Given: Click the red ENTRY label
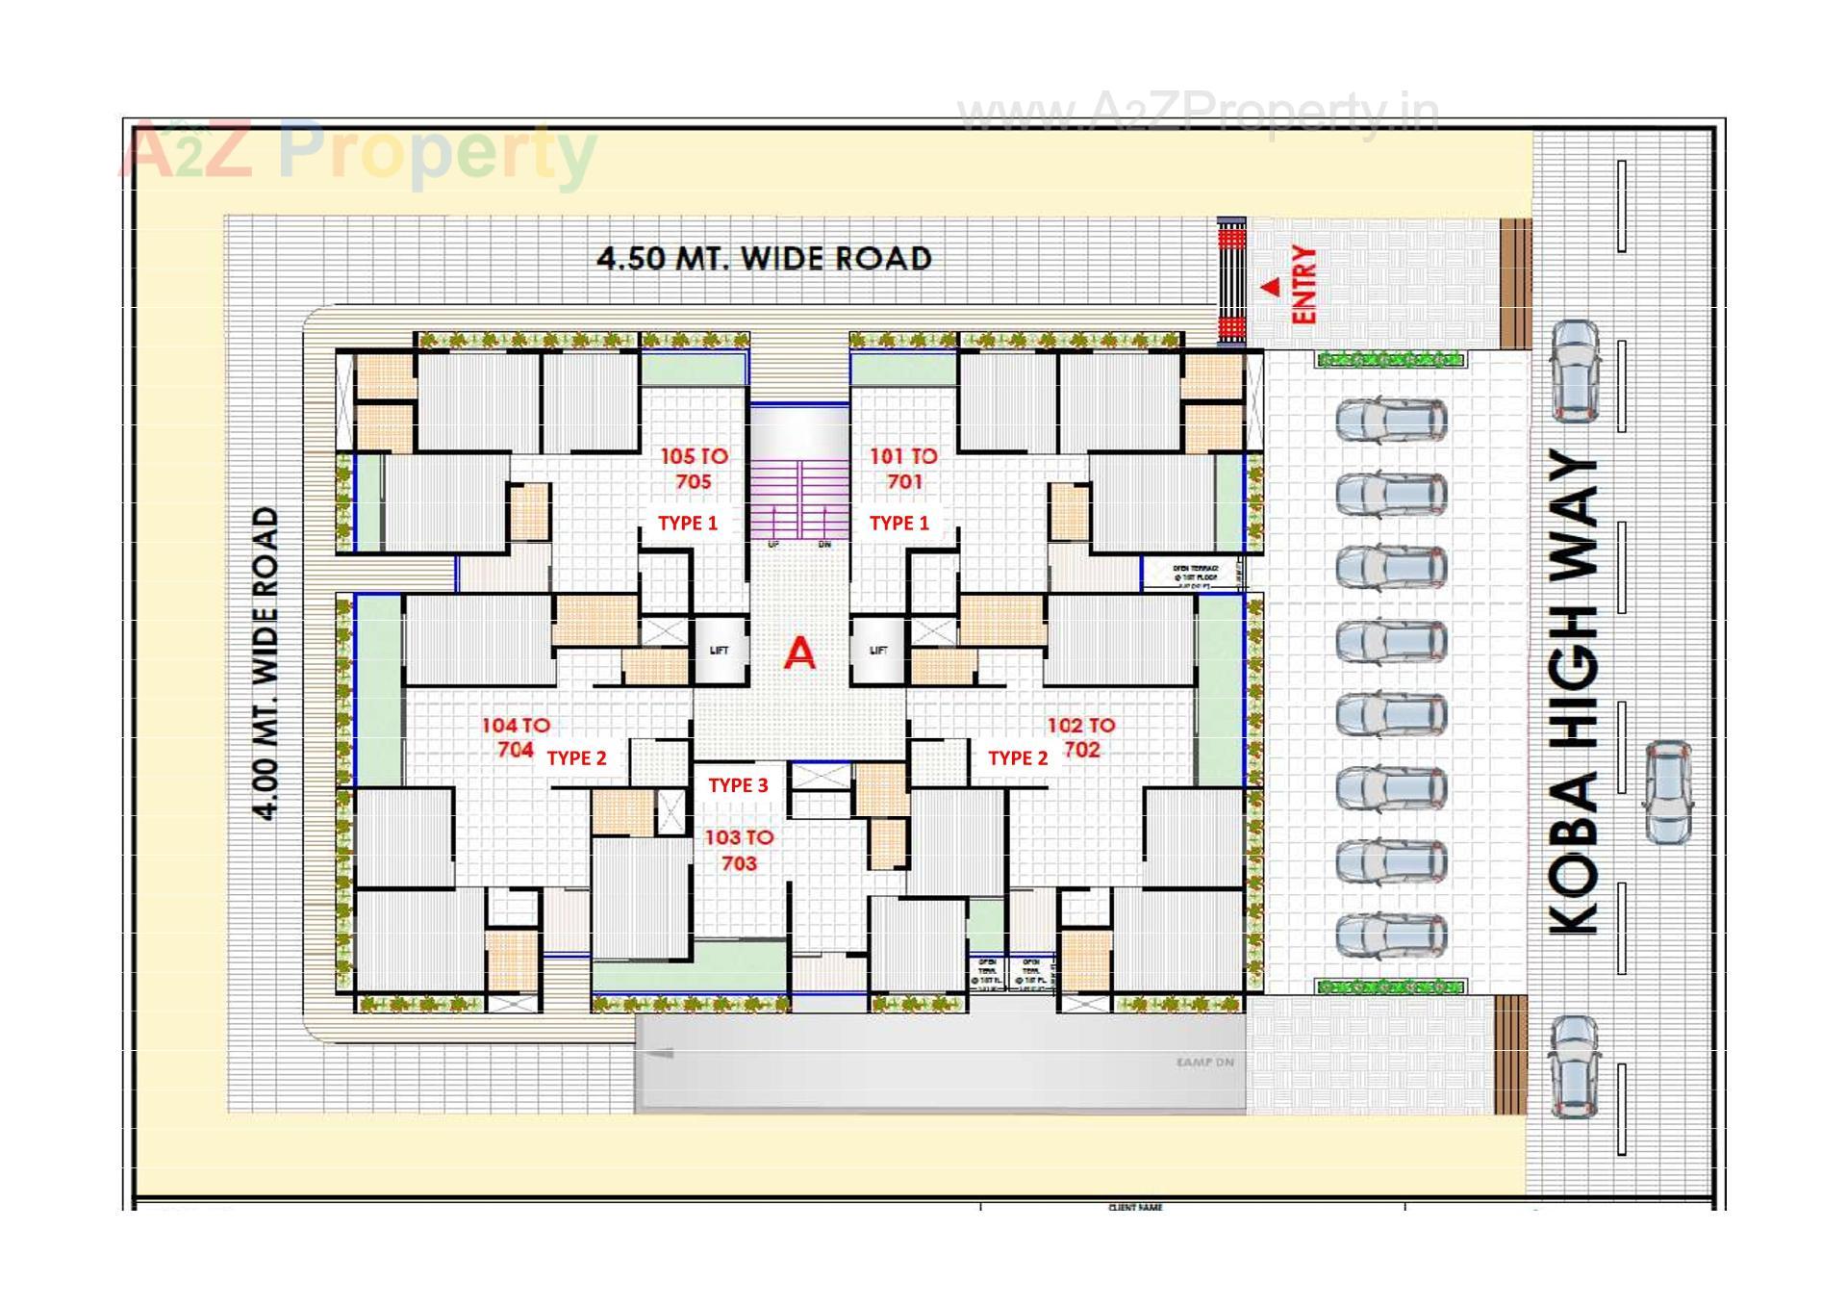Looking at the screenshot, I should click(1303, 284).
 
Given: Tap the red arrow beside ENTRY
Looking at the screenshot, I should click(1271, 286).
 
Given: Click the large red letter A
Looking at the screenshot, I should click(799, 654).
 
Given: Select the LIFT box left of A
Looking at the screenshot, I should click(720, 651).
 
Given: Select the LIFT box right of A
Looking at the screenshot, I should click(877, 651).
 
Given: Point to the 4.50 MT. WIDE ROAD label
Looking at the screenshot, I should click(764, 258).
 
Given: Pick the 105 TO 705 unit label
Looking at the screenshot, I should click(694, 469).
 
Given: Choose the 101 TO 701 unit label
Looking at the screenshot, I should click(903, 469).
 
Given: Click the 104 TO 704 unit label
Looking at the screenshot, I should click(516, 737).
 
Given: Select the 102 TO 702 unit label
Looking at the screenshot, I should click(1081, 737).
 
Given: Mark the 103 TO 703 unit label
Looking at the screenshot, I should click(739, 850).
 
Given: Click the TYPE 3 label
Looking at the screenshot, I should click(739, 785).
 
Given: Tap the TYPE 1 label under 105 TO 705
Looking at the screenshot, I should click(688, 523).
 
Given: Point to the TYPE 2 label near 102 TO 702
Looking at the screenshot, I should click(1018, 758).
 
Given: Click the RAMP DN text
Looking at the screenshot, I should click(1204, 1063).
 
